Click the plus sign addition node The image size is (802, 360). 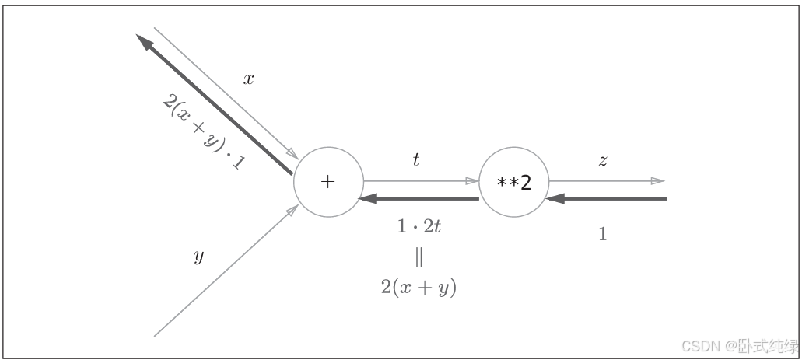[327, 182]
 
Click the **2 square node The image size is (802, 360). [513, 183]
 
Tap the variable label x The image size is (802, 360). [249, 79]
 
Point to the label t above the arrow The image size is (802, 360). [416, 160]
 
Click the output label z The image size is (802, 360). [602, 161]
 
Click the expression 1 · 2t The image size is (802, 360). [420, 227]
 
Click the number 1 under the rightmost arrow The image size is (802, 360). [602, 234]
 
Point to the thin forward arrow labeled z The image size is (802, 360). [607, 181]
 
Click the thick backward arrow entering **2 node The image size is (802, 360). [607, 199]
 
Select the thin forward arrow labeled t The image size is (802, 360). [420, 181]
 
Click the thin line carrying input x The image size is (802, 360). [226, 92]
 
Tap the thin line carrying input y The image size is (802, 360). [226, 271]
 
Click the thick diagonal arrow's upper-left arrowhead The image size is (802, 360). [143, 41]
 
